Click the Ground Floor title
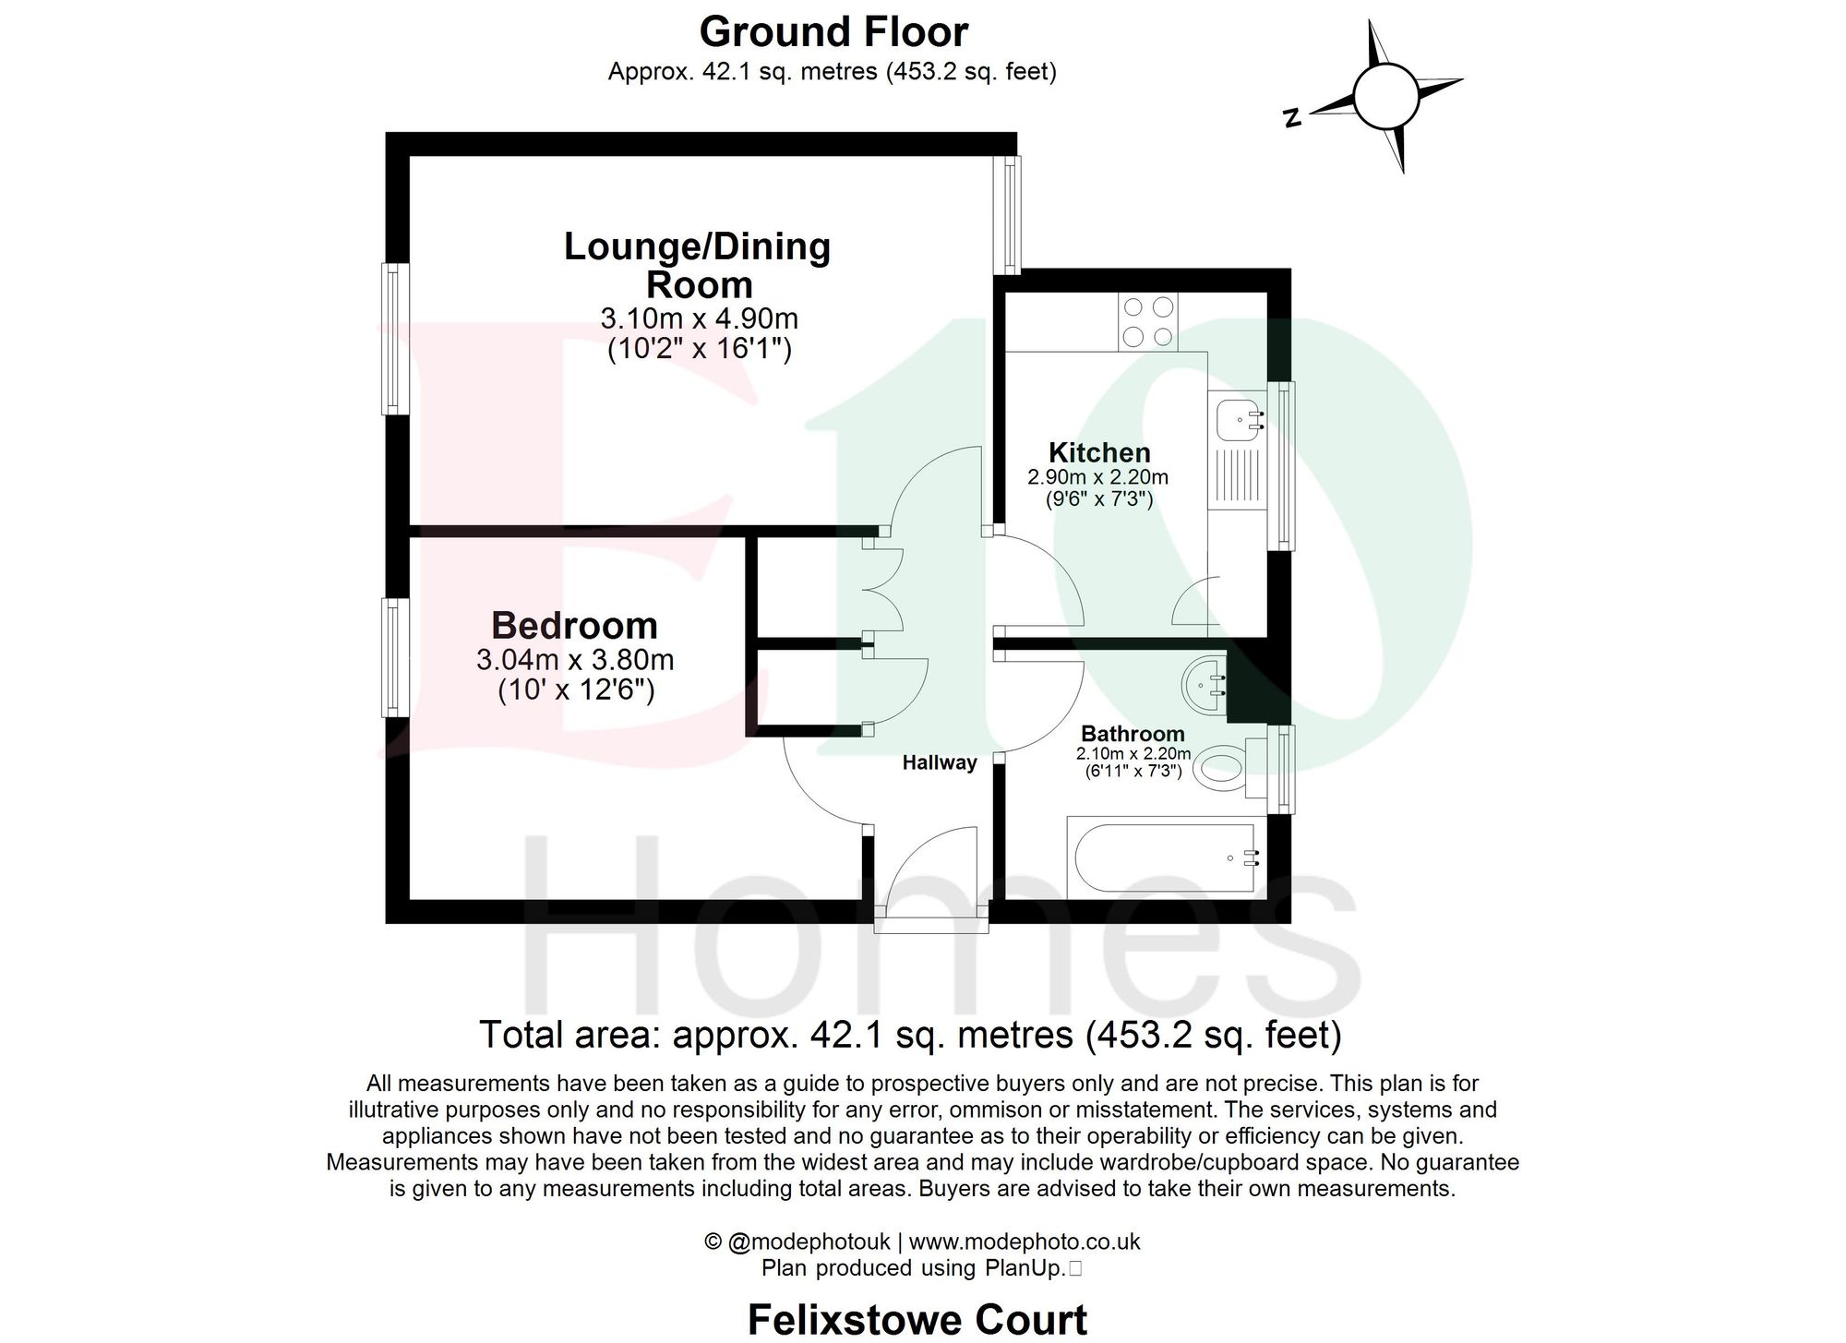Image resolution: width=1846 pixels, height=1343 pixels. click(833, 32)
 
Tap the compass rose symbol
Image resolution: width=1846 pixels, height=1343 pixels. click(1385, 96)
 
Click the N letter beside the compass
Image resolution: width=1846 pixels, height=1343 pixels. click(1293, 117)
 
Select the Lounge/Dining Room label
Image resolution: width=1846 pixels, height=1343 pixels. click(698, 265)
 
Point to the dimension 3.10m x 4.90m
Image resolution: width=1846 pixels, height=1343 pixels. click(699, 318)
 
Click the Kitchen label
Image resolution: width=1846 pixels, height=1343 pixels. click(1099, 452)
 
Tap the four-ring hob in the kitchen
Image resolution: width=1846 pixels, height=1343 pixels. click(1148, 321)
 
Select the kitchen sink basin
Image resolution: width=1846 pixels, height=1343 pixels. click(1237, 419)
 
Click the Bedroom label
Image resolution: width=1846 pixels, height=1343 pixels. click(574, 625)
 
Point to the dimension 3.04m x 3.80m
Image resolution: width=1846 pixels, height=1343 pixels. click(575, 660)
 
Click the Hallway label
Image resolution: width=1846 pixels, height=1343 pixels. click(939, 762)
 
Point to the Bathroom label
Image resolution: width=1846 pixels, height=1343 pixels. click(1133, 734)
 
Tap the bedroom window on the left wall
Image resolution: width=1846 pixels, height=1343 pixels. click(396, 656)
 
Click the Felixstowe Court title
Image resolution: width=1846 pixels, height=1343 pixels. click(917, 1319)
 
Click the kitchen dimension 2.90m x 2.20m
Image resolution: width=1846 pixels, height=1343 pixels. click(1097, 477)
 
